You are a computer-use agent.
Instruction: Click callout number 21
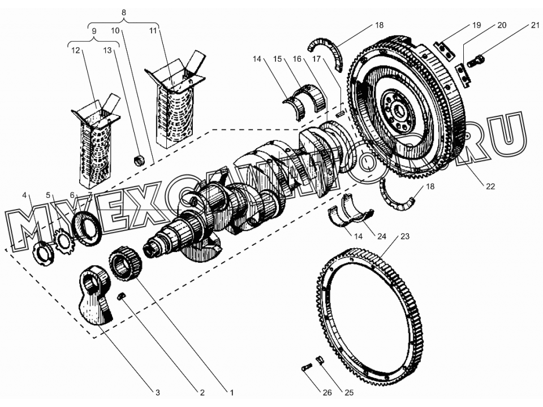536,25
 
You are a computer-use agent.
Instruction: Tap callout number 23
404,236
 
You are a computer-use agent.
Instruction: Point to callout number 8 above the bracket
124,12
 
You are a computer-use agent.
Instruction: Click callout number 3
158,392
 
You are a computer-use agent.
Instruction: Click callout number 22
490,186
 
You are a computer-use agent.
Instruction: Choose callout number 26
327,392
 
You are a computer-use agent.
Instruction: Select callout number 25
349,392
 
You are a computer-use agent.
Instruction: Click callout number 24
382,236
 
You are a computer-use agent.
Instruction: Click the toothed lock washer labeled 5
64,244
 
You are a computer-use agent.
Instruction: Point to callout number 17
317,59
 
